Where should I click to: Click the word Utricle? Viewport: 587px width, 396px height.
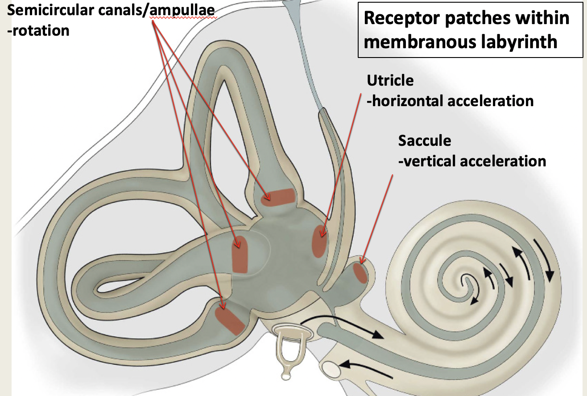click(390, 81)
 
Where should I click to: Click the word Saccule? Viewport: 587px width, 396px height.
click(424, 141)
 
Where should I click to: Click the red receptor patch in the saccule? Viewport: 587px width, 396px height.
click(360, 273)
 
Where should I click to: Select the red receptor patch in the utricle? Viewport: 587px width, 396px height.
click(318, 241)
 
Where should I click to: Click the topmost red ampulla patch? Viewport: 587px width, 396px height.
click(278, 197)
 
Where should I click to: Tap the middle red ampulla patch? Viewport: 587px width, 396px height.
click(240, 254)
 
